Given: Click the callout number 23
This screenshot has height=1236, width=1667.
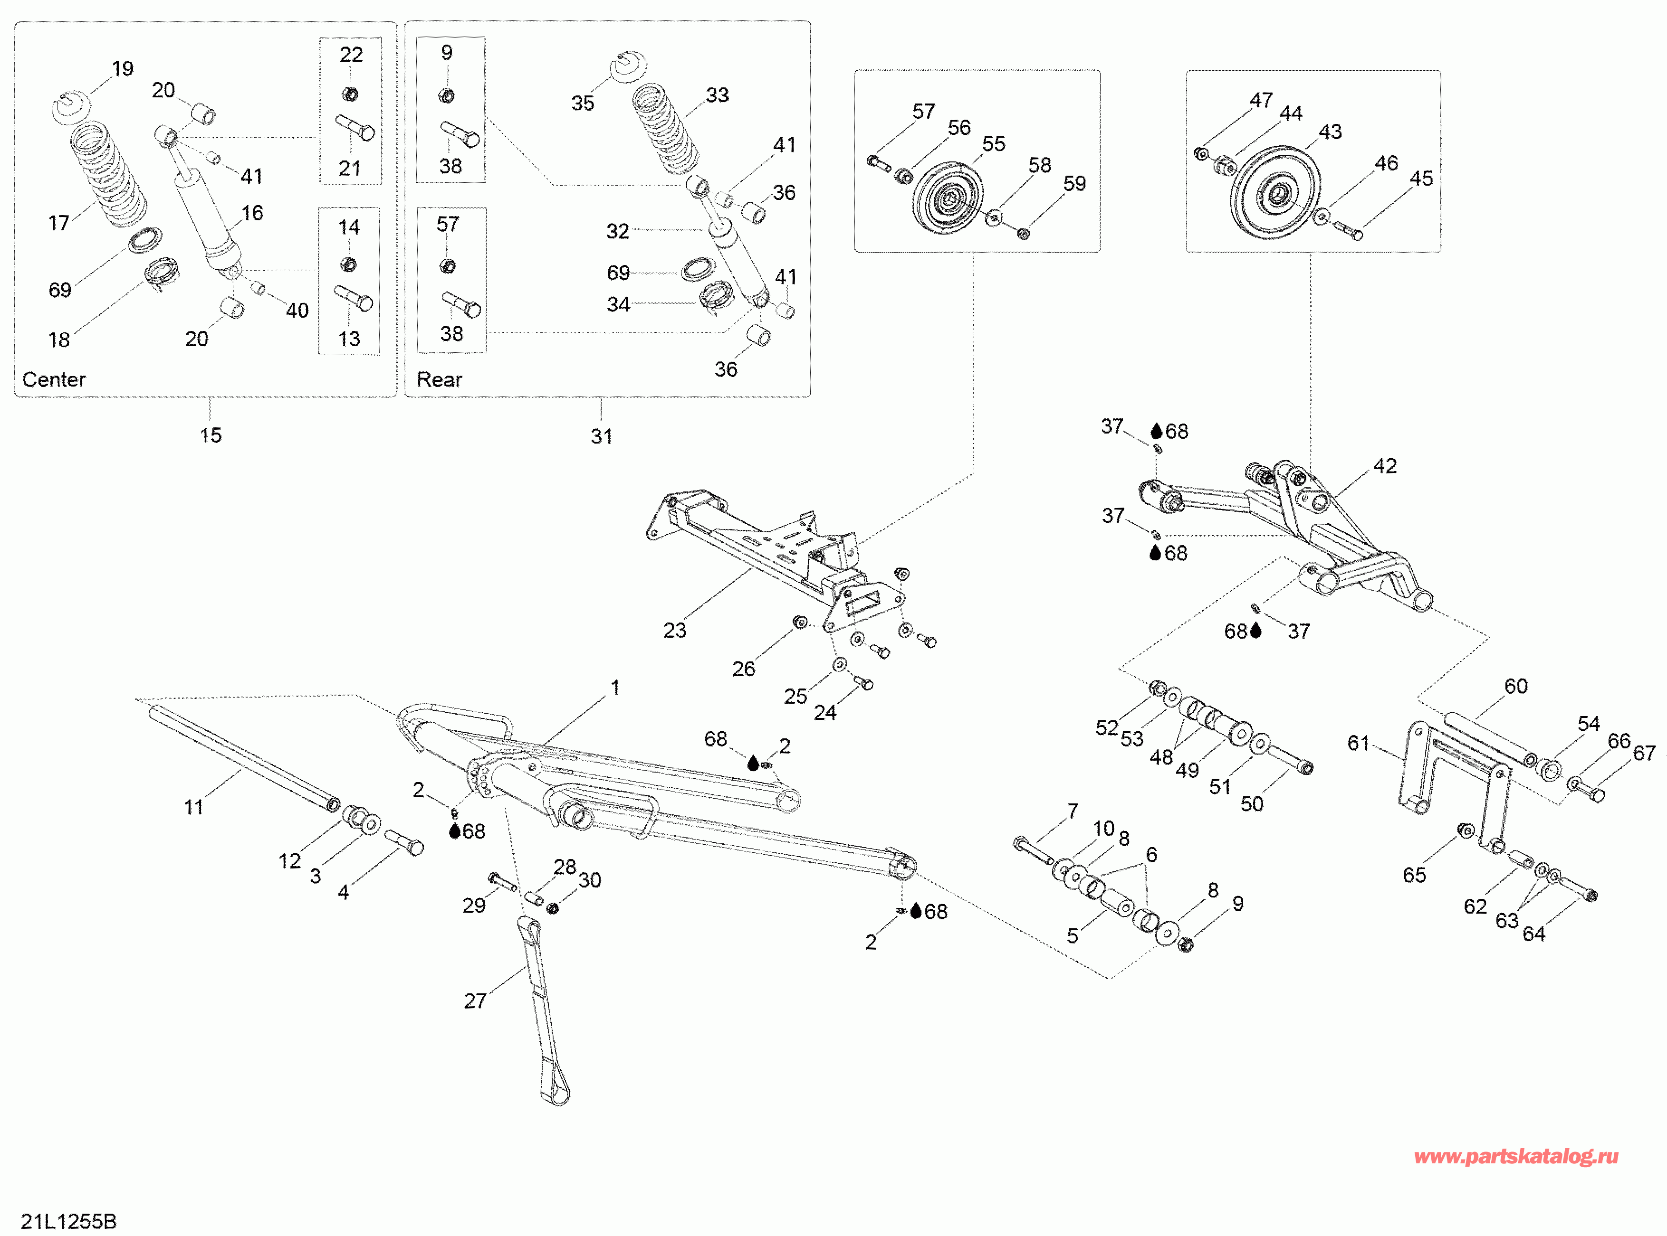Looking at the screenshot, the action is (674, 630).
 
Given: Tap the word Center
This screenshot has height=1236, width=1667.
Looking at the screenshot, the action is (54, 379).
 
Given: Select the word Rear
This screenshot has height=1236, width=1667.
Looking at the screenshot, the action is (440, 379).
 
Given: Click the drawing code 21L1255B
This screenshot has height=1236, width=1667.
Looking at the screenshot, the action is (69, 1221).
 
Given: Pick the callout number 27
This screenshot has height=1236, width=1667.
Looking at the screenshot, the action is (475, 1001).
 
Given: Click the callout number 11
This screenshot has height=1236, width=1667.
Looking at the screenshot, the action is (194, 807).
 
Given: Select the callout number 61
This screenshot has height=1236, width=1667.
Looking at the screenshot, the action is (1359, 743).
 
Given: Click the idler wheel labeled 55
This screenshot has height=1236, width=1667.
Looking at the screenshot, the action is (948, 198).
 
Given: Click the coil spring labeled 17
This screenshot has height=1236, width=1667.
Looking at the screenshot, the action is (108, 174).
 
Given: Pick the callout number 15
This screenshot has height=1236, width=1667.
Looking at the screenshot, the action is (211, 435).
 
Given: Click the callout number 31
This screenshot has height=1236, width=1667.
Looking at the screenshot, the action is (601, 436).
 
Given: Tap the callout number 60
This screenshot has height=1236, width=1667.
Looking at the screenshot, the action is (1516, 686).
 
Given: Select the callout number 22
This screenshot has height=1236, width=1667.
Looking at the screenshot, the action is (351, 55).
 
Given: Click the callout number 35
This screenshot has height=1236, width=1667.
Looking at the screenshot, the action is (583, 103).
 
